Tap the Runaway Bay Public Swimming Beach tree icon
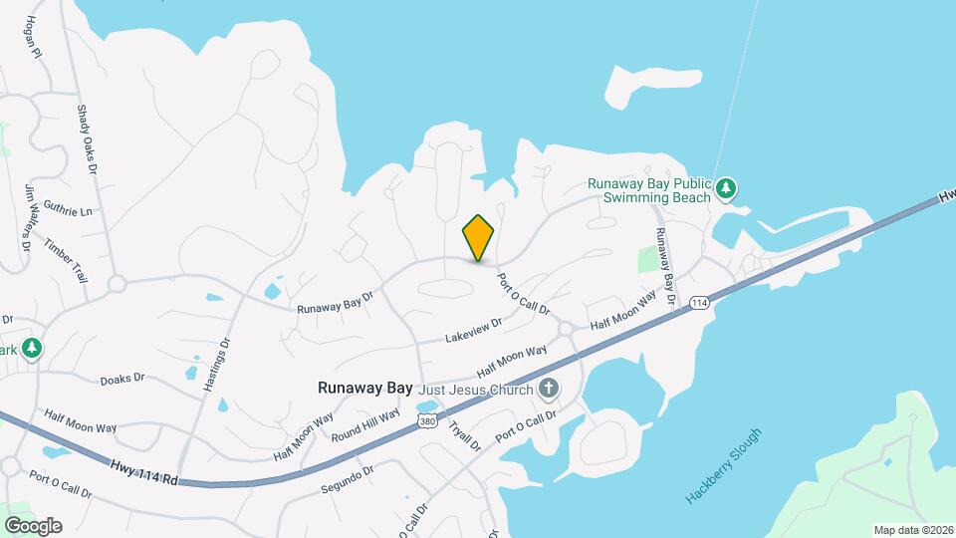click(x=727, y=186)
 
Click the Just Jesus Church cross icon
click(x=547, y=388)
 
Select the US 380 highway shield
click(x=427, y=422)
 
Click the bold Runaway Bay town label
click(x=364, y=388)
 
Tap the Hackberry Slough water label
click(x=724, y=465)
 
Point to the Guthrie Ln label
click(x=68, y=210)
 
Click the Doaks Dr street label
click(x=122, y=379)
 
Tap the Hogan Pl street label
click(x=33, y=37)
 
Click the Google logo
click(x=33, y=525)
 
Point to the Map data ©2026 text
click(x=913, y=529)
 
